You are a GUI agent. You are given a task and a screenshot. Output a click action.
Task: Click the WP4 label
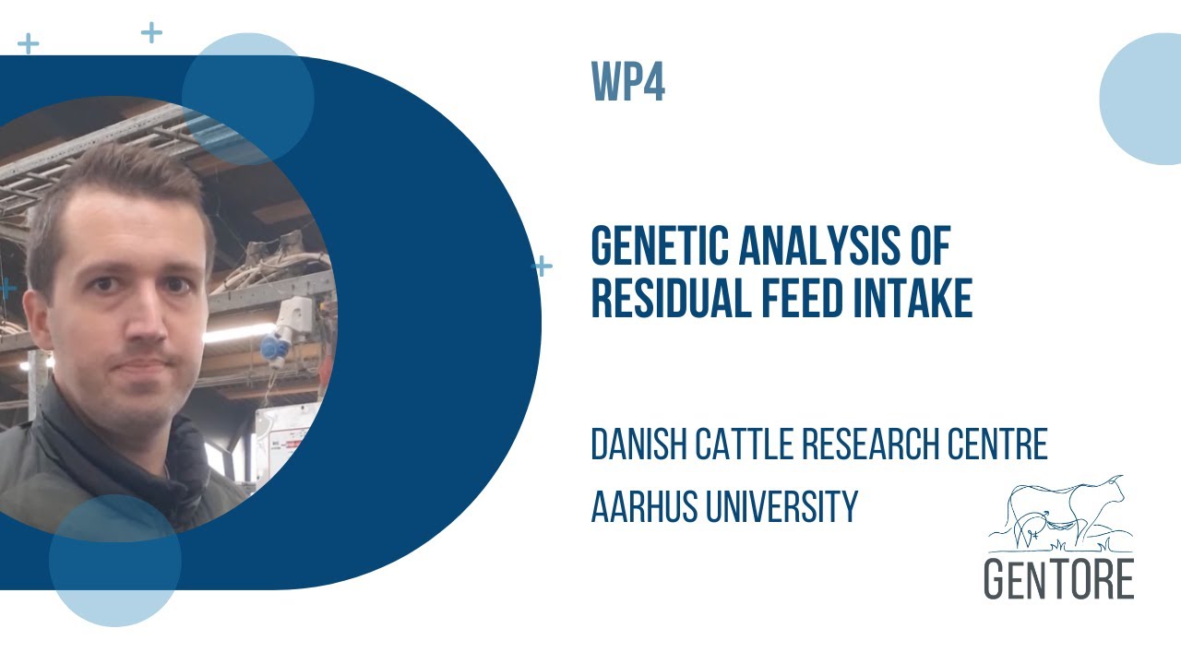pos(628,84)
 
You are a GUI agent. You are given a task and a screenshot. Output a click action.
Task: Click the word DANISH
pos(640,445)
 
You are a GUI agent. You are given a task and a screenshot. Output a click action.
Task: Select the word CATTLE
pos(745,445)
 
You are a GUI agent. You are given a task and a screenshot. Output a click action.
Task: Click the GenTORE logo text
pos(1058,577)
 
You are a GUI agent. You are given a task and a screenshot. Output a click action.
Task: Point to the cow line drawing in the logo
pos(1061,513)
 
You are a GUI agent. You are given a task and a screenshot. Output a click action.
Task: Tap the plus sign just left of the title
pos(543,267)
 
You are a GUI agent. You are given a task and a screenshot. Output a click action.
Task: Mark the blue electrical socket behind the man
pos(273,349)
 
